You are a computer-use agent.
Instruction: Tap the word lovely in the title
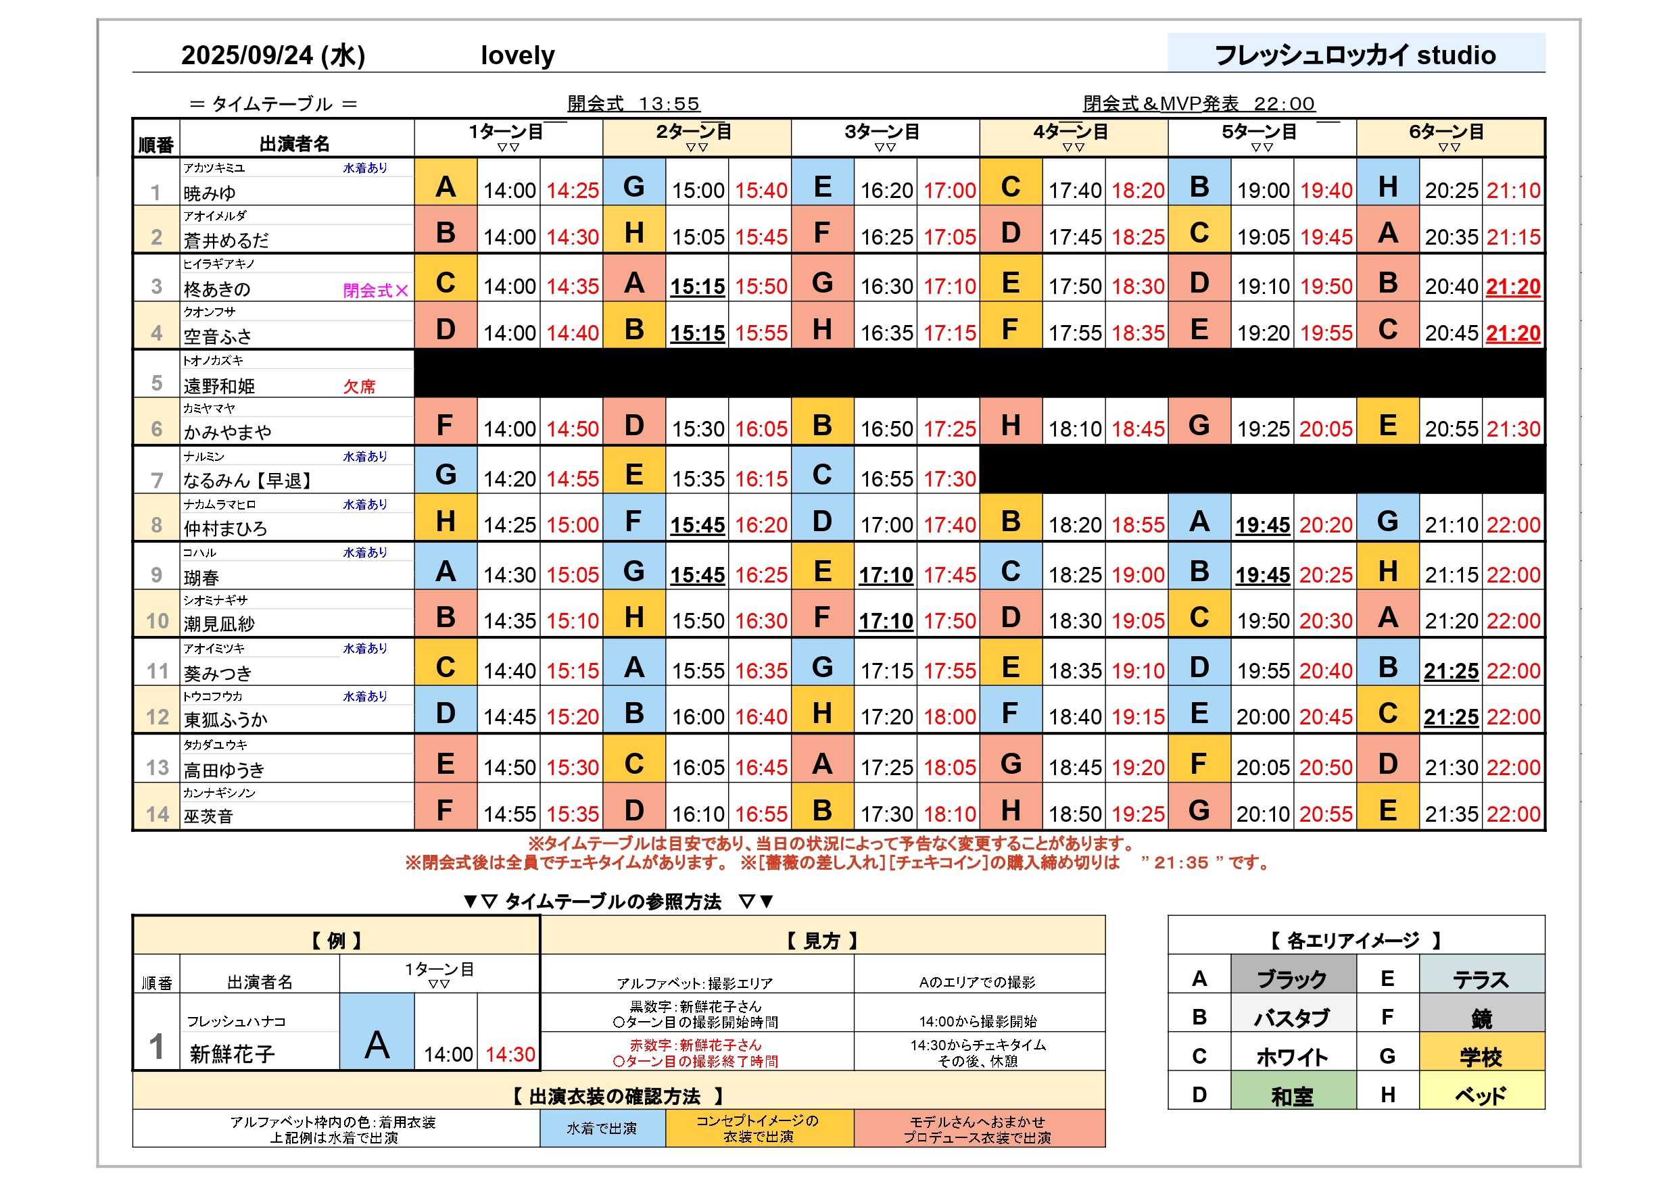(517, 55)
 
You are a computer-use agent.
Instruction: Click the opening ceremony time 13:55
(669, 104)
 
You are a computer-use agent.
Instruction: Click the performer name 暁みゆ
(210, 193)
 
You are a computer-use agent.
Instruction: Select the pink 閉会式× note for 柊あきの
(375, 290)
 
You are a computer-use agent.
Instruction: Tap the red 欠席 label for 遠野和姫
(359, 386)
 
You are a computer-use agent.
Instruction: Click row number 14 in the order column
(157, 814)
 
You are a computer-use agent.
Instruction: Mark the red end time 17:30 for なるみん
(949, 479)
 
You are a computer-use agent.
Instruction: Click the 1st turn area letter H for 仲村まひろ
(445, 522)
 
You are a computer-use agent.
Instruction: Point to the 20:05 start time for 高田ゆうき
(1263, 767)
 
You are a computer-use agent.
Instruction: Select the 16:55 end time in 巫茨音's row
(761, 814)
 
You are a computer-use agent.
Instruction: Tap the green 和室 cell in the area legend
(1292, 1095)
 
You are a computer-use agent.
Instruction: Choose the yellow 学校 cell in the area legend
(1481, 1056)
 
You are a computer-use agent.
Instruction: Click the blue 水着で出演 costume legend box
(602, 1129)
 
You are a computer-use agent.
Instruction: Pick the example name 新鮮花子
(233, 1054)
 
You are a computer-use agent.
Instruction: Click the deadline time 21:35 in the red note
(1181, 863)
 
